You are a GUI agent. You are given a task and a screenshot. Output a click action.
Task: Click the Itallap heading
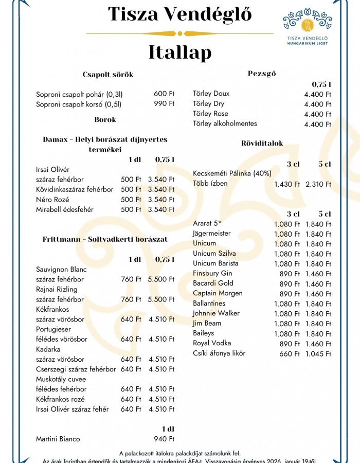180,52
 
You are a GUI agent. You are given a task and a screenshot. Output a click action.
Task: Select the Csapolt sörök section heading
108,75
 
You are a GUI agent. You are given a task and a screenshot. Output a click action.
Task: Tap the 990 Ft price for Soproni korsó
164,104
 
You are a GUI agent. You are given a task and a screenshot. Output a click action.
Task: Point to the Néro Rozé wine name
52,200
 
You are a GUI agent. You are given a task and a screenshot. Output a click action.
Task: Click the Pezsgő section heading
262,74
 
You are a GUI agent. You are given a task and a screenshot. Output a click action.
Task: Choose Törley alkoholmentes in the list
225,123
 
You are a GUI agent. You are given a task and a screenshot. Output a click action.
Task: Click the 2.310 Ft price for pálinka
318,184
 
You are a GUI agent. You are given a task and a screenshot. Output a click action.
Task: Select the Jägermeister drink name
212,234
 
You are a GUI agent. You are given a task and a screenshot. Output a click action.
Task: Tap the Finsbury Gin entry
212,273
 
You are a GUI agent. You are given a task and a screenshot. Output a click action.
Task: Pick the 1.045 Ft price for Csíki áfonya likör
318,354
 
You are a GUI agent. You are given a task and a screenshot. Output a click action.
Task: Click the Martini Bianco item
58,439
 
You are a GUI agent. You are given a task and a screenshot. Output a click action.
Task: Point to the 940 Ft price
164,439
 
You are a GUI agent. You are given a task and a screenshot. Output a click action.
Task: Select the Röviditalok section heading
262,144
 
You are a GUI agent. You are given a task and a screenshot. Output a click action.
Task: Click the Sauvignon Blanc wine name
61,270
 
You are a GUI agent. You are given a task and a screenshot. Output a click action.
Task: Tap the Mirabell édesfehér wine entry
65,210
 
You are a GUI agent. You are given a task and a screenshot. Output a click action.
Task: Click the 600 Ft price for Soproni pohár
164,94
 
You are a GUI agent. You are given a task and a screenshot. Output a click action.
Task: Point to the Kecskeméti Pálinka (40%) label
232,173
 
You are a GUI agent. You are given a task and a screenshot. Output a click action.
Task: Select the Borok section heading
105,119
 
